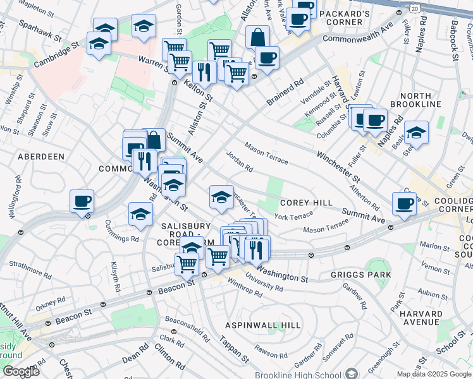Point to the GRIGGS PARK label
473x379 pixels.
360,275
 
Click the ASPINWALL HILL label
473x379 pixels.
264,325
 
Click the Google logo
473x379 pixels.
20,371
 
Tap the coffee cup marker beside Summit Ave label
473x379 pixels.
404,202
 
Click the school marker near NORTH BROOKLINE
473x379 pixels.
416,132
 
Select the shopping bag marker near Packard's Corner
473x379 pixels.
257,37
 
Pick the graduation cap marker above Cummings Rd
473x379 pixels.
140,214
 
